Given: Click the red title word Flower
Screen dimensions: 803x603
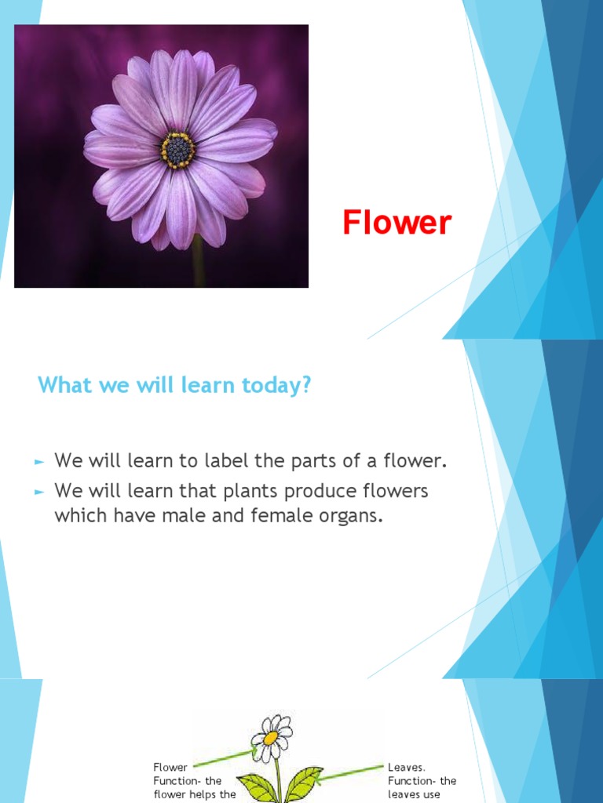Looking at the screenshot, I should tap(397, 223).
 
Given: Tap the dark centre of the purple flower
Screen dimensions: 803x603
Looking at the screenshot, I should tap(178, 149).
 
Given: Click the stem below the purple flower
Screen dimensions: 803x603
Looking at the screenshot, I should tap(197, 263).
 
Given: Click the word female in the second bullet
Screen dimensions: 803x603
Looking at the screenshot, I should tap(284, 518).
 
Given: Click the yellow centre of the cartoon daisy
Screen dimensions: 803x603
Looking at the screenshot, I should tap(271, 738).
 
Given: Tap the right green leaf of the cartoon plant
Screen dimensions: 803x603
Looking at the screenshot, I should tap(303, 783).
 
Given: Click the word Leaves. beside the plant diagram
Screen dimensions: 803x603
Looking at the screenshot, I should tap(407, 767).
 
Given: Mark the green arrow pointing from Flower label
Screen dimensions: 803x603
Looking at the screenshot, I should tap(224, 758).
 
